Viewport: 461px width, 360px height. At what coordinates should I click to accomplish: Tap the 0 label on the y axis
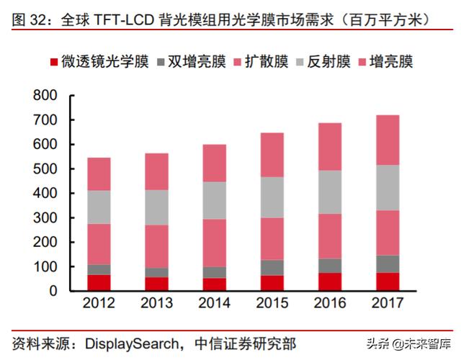tap(53, 291)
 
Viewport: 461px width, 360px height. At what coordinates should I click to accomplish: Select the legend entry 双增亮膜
tap(194, 62)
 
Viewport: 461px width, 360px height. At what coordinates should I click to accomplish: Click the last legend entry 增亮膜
tap(385, 62)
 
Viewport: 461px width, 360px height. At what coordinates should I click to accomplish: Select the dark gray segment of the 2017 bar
tap(388, 264)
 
